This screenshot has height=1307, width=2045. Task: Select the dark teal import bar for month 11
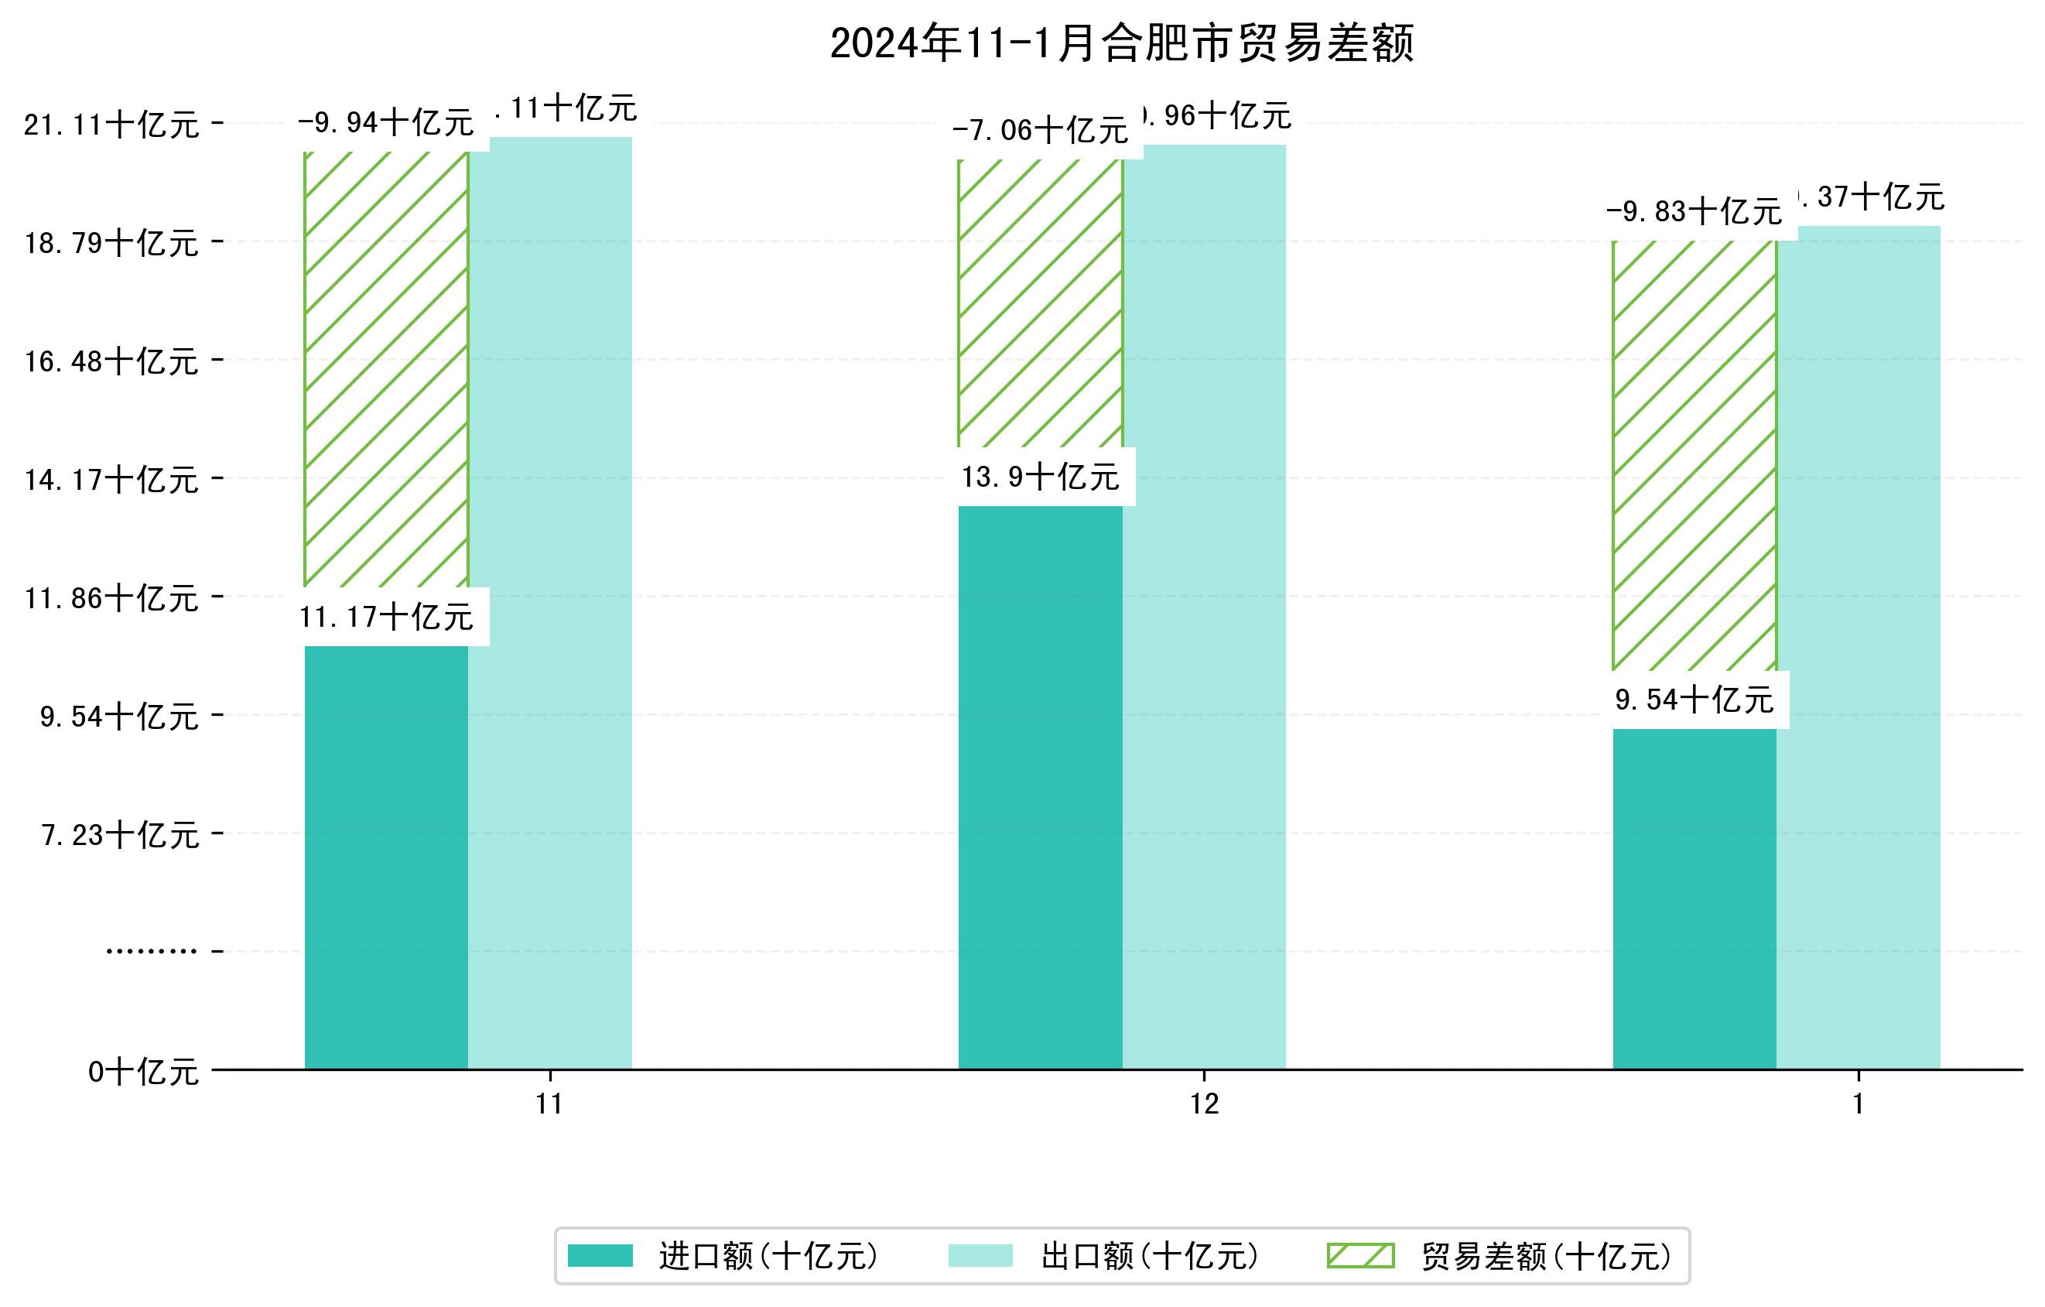click(x=386, y=857)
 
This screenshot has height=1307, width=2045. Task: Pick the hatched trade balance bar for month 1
click(x=1694, y=454)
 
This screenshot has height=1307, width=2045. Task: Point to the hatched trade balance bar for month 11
click(x=386, y=369)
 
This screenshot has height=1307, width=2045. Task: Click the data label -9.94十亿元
click(x=386, y=123)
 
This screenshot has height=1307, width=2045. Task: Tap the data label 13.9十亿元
click(x=1041, y=477)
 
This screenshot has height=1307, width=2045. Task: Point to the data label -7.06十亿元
click(x=1041, y=131)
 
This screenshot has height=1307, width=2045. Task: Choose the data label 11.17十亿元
click(x=386, y=618)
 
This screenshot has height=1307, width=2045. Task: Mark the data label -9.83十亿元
click(x=1694, y=211)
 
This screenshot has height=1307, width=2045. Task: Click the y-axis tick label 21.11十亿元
click(x=111, y=125)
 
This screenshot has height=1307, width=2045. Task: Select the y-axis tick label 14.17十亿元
click(x=111, y=481)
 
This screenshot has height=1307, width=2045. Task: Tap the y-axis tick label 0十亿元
click(x=143, y=1073)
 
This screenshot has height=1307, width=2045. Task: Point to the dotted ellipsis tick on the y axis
click(x=151, y=951)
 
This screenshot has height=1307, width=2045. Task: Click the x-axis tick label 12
click(x=1204, y=1104)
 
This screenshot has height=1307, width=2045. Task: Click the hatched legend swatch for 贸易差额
click(x=1360, y=1255)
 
